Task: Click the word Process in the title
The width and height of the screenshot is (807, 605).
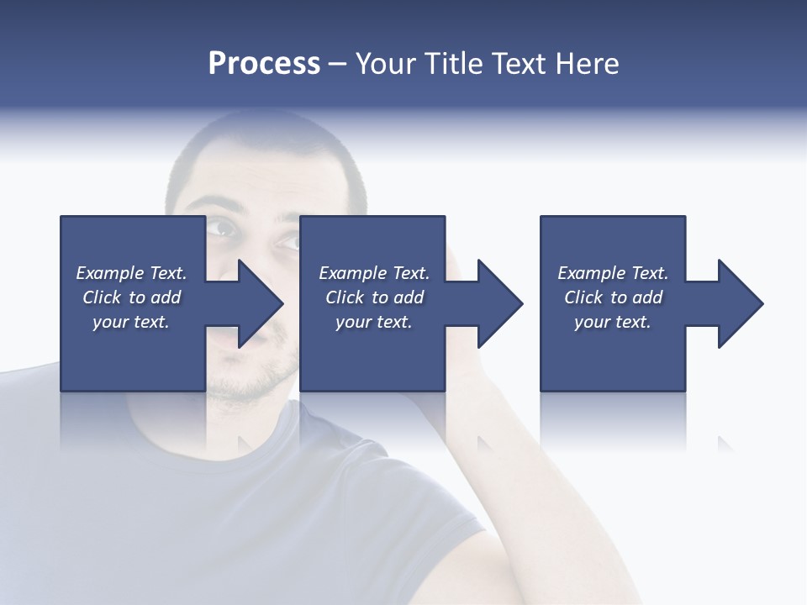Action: coord(264,64)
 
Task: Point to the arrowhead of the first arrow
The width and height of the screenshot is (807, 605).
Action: coord(261,303)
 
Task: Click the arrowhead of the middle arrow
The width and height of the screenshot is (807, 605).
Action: coord(500,303)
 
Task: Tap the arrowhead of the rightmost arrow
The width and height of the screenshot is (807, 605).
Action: coord(741,303)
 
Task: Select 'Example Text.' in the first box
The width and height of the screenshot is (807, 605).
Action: coord(131,273)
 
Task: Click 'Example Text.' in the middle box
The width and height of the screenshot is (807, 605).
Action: coord(374,273)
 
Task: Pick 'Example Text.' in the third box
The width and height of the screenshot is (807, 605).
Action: coord(613,273)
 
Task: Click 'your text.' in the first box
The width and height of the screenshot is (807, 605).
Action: coord(131,322)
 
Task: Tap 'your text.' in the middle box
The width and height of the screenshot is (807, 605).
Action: coord(374,322)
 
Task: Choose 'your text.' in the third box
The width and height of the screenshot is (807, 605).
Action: coord(613,322)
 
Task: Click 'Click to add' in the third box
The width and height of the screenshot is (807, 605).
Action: coord(613,297)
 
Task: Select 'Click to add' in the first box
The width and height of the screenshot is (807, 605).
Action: coord(131,297)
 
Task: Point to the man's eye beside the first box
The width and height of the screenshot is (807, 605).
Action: coord(220,226)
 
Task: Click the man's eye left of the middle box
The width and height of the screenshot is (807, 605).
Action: coord(288,241)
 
